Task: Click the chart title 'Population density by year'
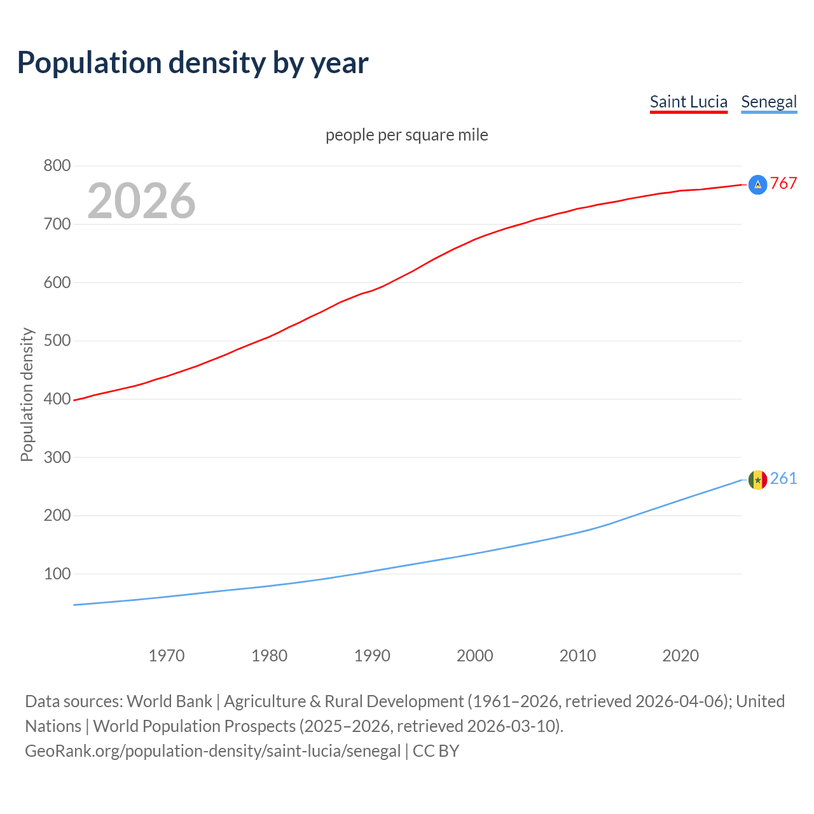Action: (193, 62)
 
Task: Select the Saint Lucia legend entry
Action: (688, 102)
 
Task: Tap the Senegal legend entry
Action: (769, 102)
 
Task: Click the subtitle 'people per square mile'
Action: (406, 135)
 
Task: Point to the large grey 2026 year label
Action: (141, 201)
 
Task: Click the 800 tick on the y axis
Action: (57, 166)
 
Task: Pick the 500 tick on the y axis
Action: (57, 341)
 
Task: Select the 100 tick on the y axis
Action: (57, 574)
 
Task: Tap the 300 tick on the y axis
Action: (57, 457)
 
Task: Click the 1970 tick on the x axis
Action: (167, 656)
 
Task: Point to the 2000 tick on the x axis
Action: (475, 656)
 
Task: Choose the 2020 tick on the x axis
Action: (680, 656)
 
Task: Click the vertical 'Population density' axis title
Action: (27, 394)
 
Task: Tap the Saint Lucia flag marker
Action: (757, 184)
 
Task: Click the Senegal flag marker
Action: (757, 479)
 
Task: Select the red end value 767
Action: (783, 184)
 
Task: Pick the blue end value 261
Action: (783, 479)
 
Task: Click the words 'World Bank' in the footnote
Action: (169, 701)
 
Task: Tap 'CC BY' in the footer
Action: (436, 751)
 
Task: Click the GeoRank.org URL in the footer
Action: (213, 751)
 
